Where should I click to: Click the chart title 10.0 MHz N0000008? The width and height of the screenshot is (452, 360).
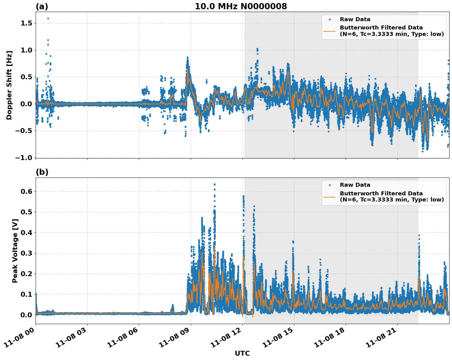click(x=241, y=6)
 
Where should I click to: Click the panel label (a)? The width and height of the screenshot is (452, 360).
click(x=42, y=6)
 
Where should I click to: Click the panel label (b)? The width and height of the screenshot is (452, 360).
click(x=42, y=172)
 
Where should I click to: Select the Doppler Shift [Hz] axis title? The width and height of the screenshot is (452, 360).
click(x=9, y=85)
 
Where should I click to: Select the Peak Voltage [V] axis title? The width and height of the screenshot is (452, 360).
click(x=15, y=251)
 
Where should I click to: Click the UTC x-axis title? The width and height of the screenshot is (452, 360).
click(x=242, y=353)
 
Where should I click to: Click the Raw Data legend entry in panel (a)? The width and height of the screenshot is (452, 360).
click(x=355, y=19)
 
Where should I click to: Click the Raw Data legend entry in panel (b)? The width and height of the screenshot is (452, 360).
click(x=355, y=185)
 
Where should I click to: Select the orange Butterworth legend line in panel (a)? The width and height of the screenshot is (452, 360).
click(x=329, y=31)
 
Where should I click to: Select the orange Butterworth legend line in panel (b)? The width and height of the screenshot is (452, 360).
click(x=329, y=197)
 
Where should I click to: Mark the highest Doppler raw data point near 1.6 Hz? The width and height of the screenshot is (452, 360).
click(x=48, y=18)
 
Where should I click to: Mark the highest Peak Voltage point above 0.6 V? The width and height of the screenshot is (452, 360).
click(x=214, y=184)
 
